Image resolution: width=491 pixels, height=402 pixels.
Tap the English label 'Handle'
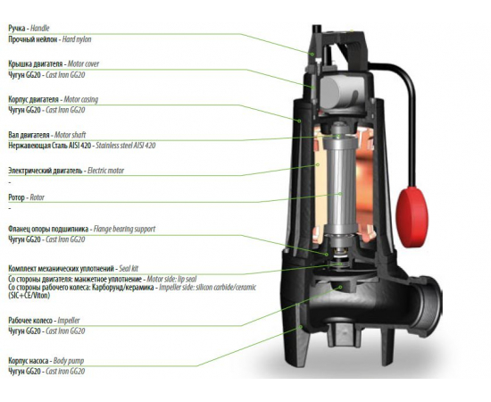40,29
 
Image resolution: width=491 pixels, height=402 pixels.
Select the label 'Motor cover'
83,64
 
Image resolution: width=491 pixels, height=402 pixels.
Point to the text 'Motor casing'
80,100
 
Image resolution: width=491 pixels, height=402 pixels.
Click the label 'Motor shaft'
71,135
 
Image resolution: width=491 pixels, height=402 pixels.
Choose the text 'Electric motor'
106,171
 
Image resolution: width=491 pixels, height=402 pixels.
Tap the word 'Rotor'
37,197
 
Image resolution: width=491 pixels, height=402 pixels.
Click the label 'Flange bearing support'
125,229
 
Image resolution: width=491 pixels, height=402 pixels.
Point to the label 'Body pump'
69,361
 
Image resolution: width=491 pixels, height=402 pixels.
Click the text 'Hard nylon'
77,39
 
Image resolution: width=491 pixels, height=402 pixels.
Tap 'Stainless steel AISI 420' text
126,146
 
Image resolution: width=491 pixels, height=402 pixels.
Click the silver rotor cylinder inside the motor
340,188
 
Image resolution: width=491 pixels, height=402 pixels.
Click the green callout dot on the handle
312,54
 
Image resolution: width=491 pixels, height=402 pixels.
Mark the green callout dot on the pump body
301,327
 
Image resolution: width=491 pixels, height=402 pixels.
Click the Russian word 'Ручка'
17,29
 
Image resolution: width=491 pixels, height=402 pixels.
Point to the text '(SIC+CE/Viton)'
29,296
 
